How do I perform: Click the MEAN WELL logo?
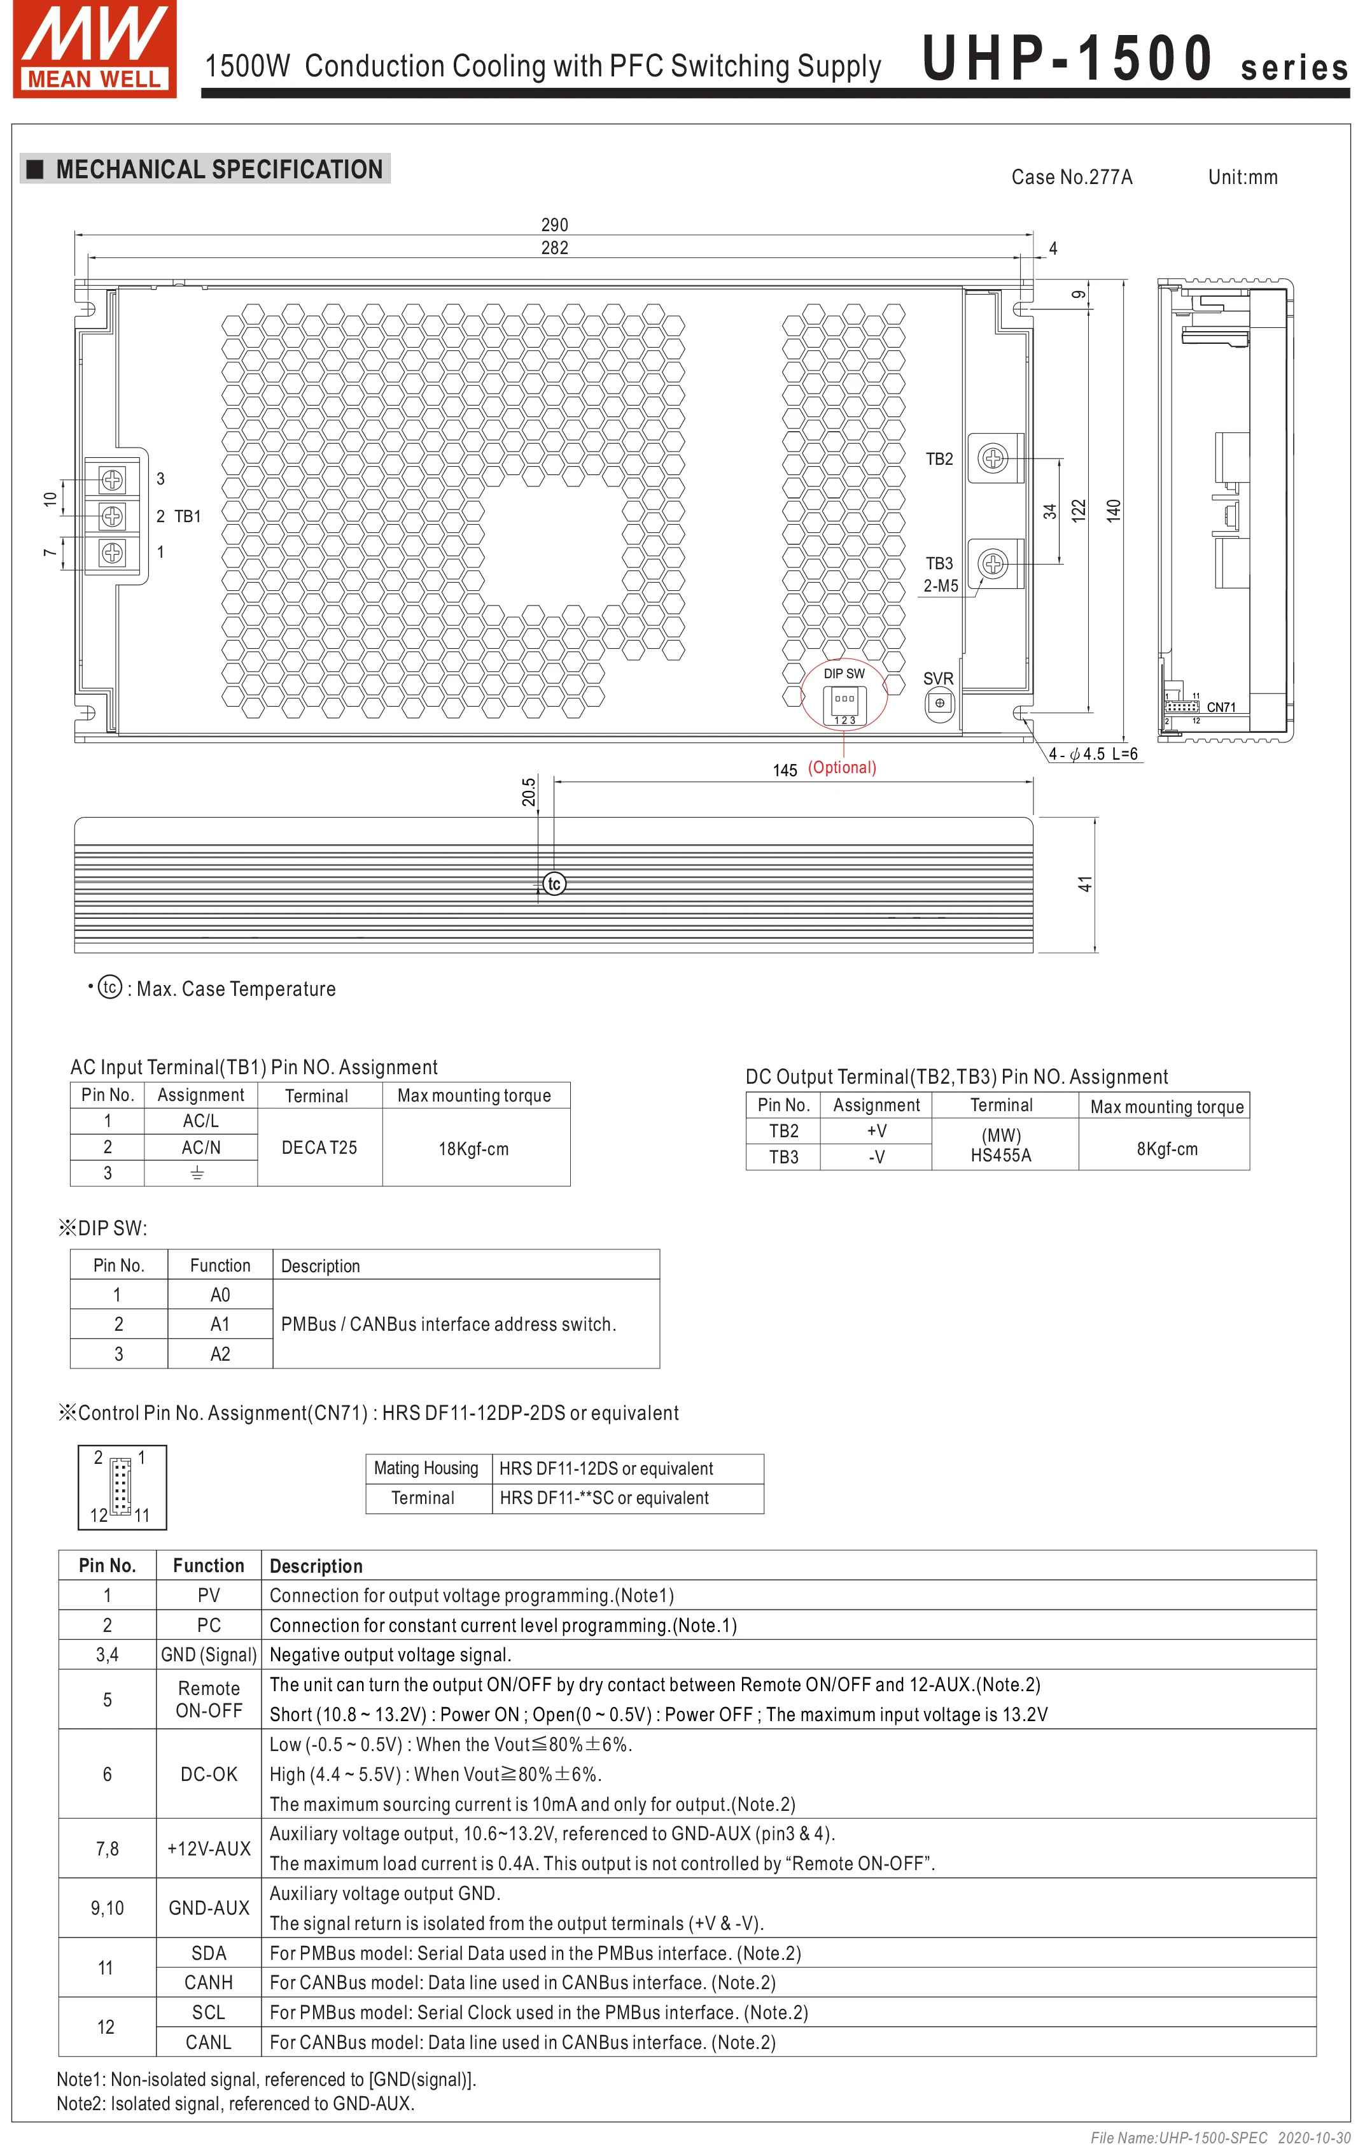[95, 48]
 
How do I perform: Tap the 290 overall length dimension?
[554, 225]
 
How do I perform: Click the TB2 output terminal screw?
[992, 458]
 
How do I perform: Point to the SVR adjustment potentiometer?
[939, 703]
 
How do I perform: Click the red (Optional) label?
[841, 767]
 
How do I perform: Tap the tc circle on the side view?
[554, 884]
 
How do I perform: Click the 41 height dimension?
[1085, 884]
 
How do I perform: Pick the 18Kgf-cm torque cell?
[473, 1149]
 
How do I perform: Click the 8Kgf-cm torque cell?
[1166, 1149]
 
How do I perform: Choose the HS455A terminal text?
[1000, 1155]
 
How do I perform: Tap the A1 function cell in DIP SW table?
[220, 1324]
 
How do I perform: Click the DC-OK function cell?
[209, 1774]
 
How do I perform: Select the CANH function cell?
[208, 1982]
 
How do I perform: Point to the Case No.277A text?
[1072, 178]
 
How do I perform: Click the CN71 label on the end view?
[1221, 707]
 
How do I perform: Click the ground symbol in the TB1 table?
[197, 1173]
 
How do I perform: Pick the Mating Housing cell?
[426, 1468]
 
